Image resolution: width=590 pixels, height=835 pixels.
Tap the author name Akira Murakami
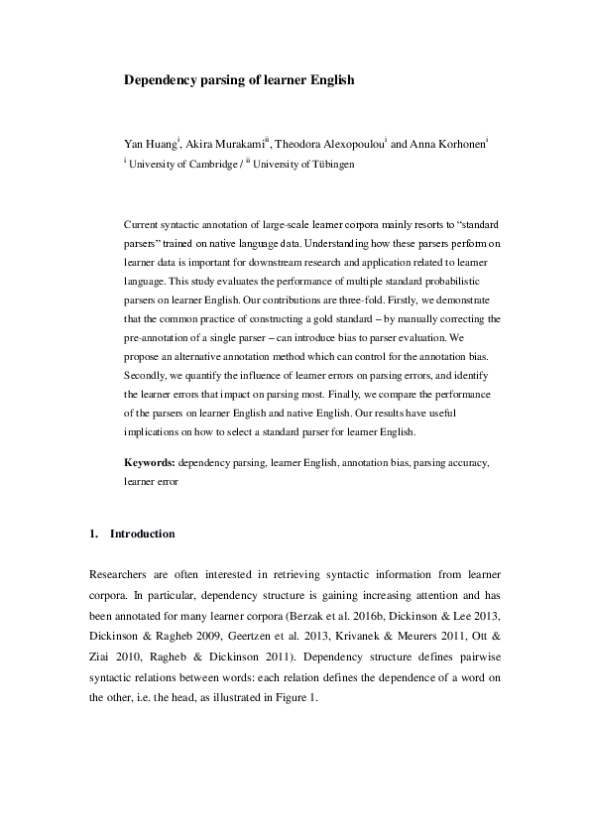point(226,145)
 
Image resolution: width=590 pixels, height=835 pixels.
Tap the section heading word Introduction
point(142,534)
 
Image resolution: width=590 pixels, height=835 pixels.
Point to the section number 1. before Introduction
point(94,534)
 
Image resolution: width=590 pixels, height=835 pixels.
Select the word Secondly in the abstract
point(150,377)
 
